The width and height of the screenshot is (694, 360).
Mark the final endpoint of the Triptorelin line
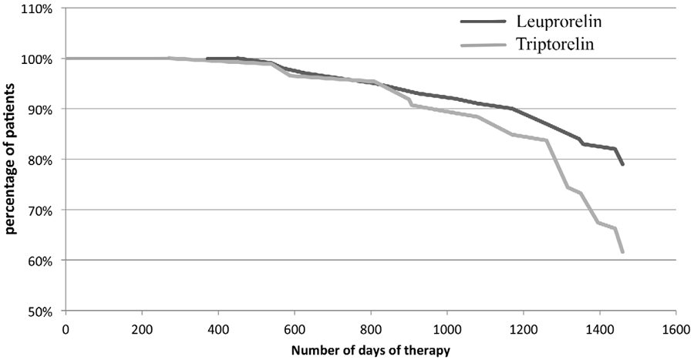tap(622, 252)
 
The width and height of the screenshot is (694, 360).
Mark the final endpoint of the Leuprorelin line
tap(622, 164)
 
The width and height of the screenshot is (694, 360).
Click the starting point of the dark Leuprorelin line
tap(207, 59)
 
